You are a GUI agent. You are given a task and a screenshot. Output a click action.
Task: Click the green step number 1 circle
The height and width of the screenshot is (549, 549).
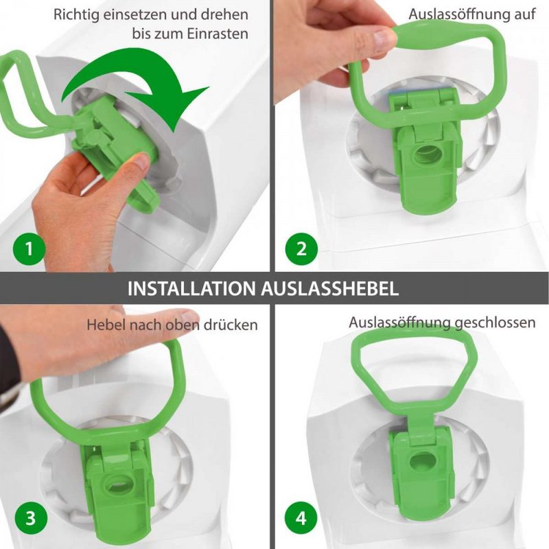[x=30, y=249]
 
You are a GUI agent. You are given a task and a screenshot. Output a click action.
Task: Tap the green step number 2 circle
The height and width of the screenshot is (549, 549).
[x=301, y=249]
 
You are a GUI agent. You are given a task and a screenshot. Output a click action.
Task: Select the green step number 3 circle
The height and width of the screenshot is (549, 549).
[x=31, y=518]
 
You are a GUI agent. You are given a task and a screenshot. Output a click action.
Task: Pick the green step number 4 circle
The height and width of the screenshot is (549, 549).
[x=301, y=518]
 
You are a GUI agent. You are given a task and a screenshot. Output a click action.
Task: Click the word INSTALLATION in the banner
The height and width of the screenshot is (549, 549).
[x=191, y=289]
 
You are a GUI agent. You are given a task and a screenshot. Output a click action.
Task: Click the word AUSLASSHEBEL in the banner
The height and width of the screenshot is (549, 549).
[x=330, y=289]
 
